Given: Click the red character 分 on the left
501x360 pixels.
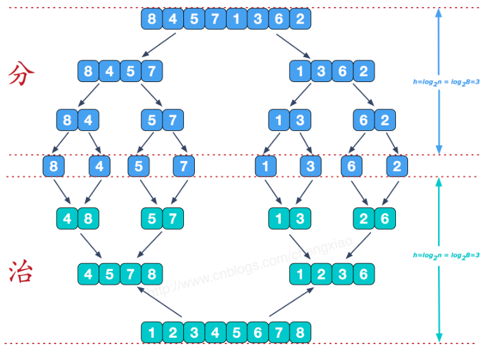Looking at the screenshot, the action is (22, 74).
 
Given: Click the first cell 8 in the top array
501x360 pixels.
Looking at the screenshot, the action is (152, 18).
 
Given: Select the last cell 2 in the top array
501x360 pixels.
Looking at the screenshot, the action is (300, 18).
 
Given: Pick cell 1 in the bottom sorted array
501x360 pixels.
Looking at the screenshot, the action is (152, 331).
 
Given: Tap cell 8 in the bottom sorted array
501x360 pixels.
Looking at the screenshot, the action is (300, 331).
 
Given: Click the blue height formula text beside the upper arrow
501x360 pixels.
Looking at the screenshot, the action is (446, 82).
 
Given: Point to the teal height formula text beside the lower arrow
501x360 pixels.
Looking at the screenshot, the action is (446, 255).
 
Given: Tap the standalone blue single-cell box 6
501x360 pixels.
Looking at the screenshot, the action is (351, 167).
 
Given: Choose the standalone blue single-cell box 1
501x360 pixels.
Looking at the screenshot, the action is (265, 167).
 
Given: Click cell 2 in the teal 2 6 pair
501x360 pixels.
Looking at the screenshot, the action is (363, 219).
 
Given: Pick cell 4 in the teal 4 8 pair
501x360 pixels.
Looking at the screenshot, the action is (67, 219).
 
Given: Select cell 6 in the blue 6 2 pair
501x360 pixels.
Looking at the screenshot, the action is (363, 120).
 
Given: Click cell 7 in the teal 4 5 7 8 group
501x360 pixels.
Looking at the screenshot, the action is (131, 275).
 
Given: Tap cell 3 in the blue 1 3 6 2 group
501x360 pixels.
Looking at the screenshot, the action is (321, 71).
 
